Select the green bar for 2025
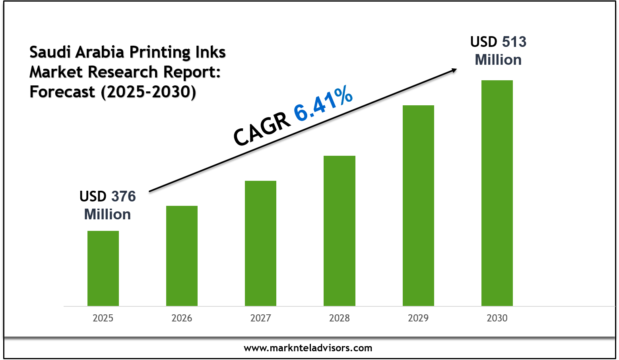(x=103, y=268)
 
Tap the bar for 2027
(x=260, y=243)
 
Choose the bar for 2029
(x=418, y=205)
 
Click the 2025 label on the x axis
(x=103, y=318)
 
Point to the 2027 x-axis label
(x=260, y=318)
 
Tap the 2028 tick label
(x=339, y=318)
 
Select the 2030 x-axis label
(x=497, y=318)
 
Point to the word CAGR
(x=262, y=129)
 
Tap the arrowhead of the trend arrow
(x=454, y=70)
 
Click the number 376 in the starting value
(x=123, y=196)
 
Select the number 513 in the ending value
(x=514, y=42)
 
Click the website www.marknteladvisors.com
(x=308, y=348)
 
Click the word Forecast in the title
(x=62, y=92)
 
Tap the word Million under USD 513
(x=498, y=60)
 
